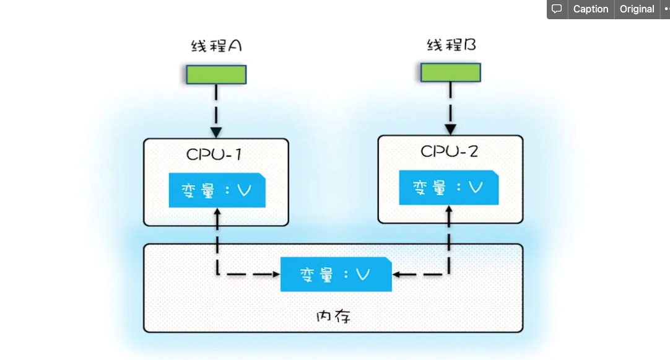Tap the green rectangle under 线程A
(x=216, y=74)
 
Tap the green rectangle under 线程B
(x=451, y=72)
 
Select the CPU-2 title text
(x=450, y=151)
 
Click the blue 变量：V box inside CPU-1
(x=217, y=191)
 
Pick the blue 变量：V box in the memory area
(x=336, y=274)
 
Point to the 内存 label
(x=333, y=317)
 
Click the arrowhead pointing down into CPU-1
(x=216, y=132)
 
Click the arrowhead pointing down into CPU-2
(x=451, y=130)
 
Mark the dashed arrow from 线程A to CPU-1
(x=216, y=105)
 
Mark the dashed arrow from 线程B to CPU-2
(x=451, y=102)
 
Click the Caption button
(x=590, y=9)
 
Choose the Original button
(x=637, y=9)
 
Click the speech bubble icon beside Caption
(x=557, y=9)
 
